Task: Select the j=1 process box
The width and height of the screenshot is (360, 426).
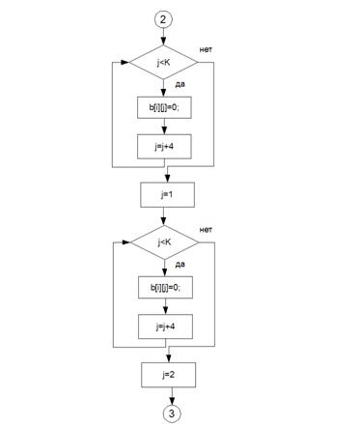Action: [x=167, y=195]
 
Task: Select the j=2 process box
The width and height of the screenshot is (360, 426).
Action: [x=168, y=375]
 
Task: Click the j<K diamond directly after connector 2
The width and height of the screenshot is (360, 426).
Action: [x=163, y=62]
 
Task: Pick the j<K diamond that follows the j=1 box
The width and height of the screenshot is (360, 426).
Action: [x=164, y=242]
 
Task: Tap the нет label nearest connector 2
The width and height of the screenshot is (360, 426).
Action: [x=206, y=49]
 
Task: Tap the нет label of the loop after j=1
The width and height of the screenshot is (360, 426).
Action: [x=206, y=230]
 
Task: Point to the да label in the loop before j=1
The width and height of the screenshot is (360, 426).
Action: [x=180, y=85]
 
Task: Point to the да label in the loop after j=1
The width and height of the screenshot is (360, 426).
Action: [x=180, y=265]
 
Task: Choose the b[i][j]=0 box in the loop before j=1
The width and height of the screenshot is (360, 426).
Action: [x=164, y=107]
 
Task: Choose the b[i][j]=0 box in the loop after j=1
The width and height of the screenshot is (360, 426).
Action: [x=165, y=287]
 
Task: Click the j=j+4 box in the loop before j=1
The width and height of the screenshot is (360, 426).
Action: [x=164, y=147]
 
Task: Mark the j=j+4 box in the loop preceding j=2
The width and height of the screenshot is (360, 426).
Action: [x=165, y=327]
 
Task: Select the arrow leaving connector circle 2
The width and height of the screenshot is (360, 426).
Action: [x=163, y=37]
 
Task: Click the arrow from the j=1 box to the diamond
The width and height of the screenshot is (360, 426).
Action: [x=164, y=216]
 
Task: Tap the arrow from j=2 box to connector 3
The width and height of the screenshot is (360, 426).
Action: [x=172, y=396]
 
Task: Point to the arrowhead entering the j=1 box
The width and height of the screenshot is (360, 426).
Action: [x=168, y=179]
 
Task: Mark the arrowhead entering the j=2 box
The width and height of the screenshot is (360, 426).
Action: [x=169, y=358]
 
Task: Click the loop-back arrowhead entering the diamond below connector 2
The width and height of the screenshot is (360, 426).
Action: [x=125, y=62]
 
